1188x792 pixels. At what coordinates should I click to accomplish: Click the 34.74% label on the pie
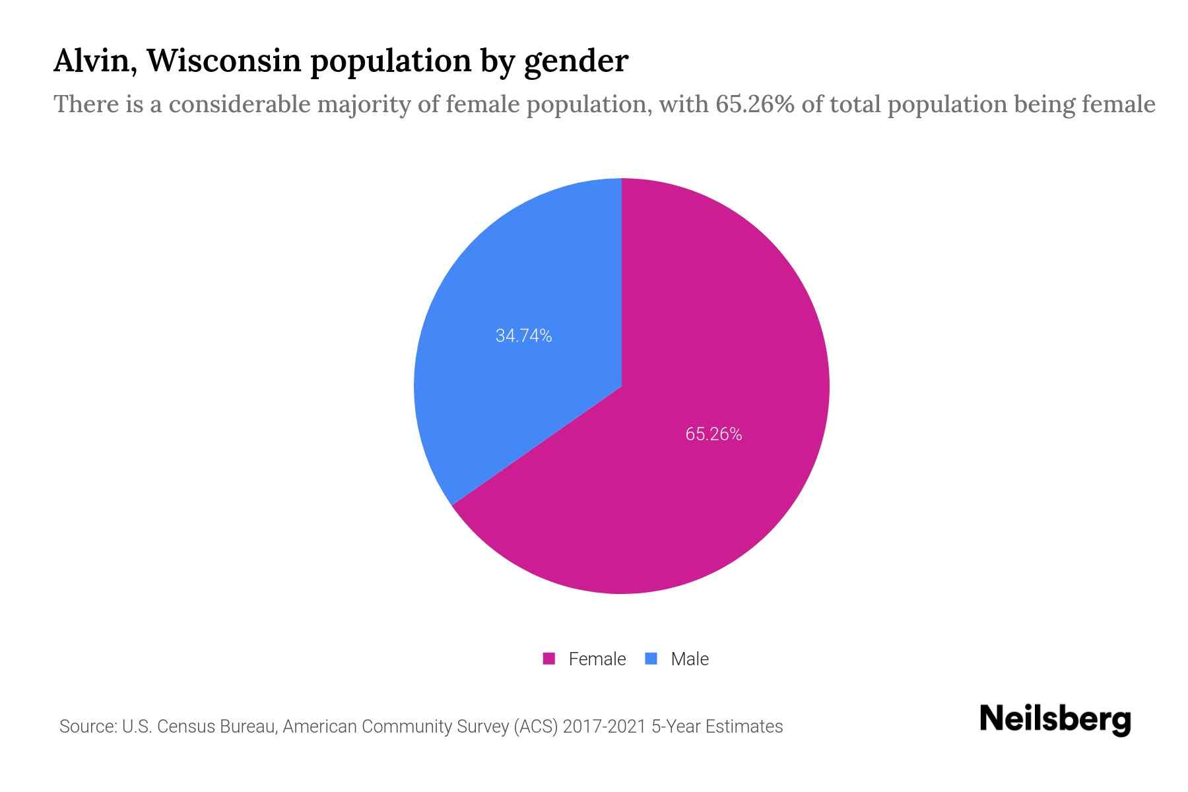click(x=523, y=336)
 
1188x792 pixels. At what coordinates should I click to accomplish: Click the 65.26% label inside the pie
click(x=713, y=434)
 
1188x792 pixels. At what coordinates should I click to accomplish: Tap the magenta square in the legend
click(x=548, y=659)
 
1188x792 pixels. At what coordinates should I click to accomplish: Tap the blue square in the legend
click(x=651, y=659)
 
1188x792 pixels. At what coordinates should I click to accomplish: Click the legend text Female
click(x=597, y=659)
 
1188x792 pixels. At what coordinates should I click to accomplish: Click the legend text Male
click(x=689, y=659)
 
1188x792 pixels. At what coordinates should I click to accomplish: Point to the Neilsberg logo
click(x=1055, y=719)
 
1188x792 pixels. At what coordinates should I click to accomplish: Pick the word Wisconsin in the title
click(x=223, y=61)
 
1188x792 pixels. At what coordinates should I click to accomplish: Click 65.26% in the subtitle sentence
click(x=754, y=104)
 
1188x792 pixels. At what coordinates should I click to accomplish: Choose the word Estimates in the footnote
click(x=744, y=727)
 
